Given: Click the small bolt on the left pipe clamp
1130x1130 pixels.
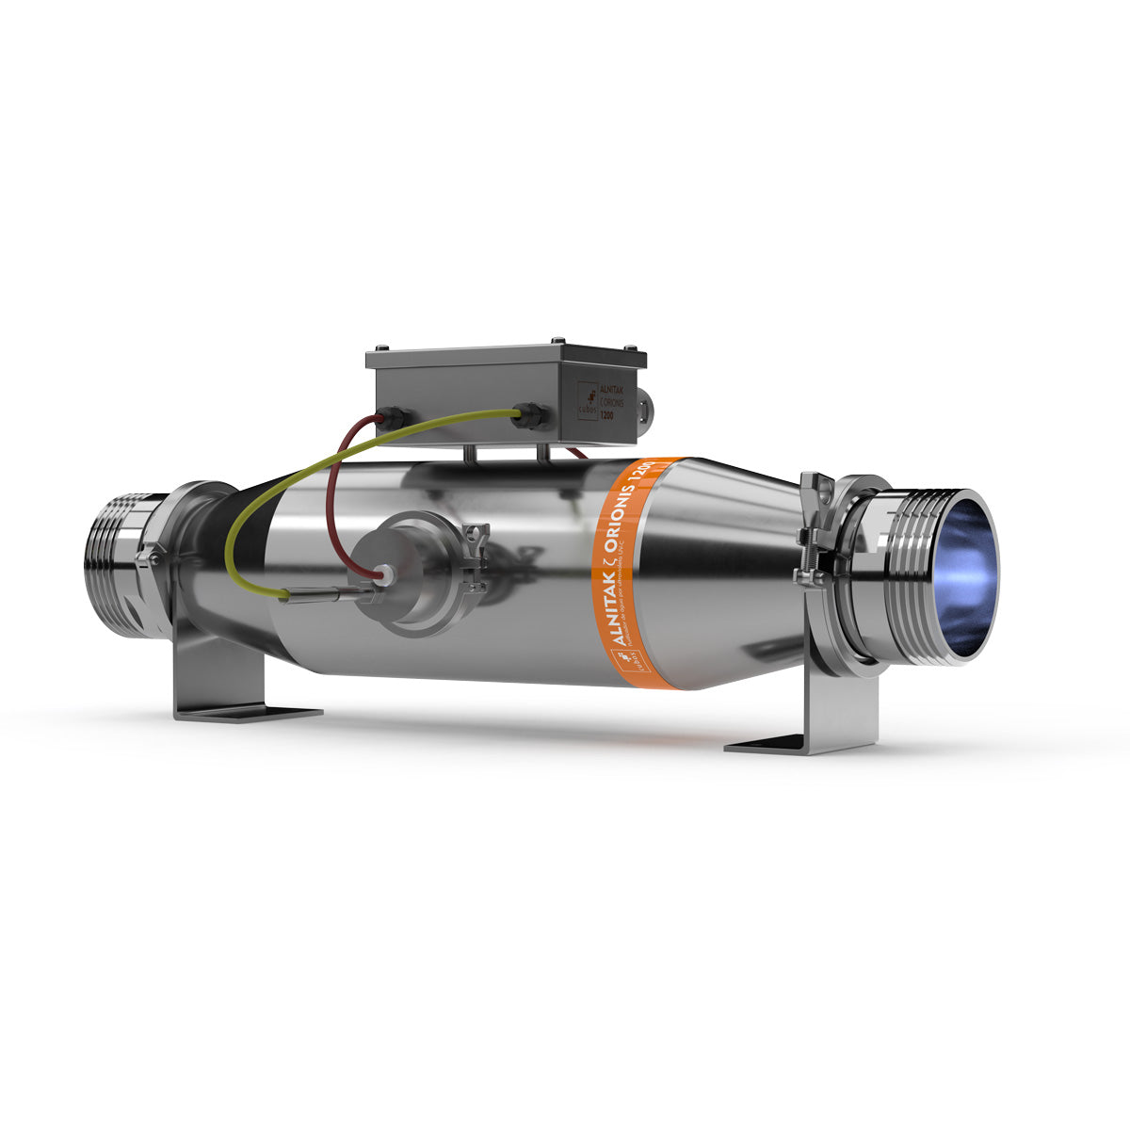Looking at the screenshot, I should tap(146, 559).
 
